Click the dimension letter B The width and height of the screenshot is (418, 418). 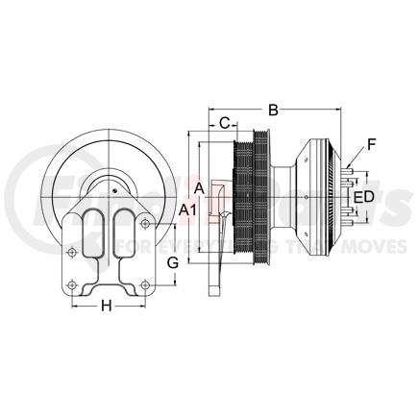(274, 110)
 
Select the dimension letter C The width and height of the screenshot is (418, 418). (223, 123)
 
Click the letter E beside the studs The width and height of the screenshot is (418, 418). (357, 198)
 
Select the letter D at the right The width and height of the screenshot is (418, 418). (369, 198)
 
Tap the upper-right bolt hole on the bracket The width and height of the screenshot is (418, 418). (145, 224)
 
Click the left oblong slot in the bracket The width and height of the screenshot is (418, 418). (92, 235)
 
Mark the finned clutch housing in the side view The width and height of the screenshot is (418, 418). (322, 197)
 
